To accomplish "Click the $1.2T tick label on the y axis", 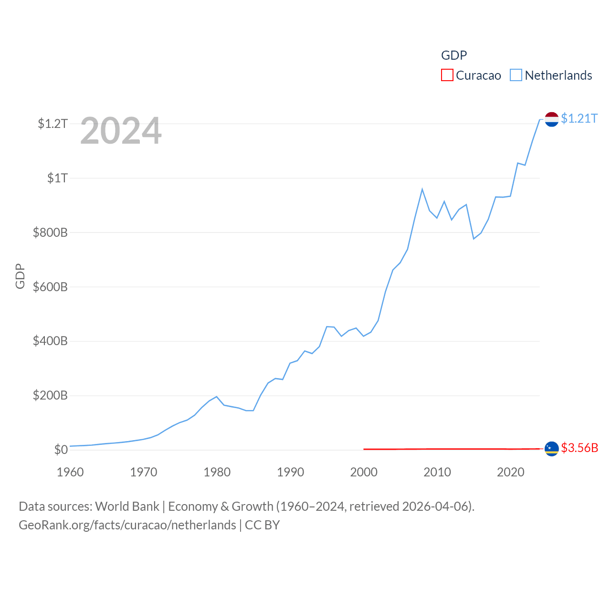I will pos(53,124).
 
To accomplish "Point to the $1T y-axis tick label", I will pos(57,179).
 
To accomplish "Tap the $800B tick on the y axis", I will pos(50,233).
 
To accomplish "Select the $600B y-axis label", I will pos(50,287).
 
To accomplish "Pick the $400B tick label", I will pos(50,341).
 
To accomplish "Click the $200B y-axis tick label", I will pos(50,396).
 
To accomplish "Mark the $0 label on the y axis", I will pos(61,450).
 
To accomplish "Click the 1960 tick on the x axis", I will pos(70,473).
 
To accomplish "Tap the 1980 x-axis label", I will pos(217,473).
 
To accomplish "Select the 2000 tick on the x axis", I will pos(364,473).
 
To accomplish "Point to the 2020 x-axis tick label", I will pos(511,473).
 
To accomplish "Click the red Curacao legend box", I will pos(447,75).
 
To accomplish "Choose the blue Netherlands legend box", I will pos(516,75).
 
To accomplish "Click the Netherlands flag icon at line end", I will pos(552,119).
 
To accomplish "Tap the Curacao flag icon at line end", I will pos(552,449).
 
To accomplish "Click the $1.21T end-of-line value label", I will pos(579,118).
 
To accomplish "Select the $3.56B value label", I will pos(579,448).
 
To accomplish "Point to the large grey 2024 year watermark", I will pos(121,131).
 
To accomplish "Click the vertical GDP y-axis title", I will pos(20,276).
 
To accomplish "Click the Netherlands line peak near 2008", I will pos(422,190).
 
